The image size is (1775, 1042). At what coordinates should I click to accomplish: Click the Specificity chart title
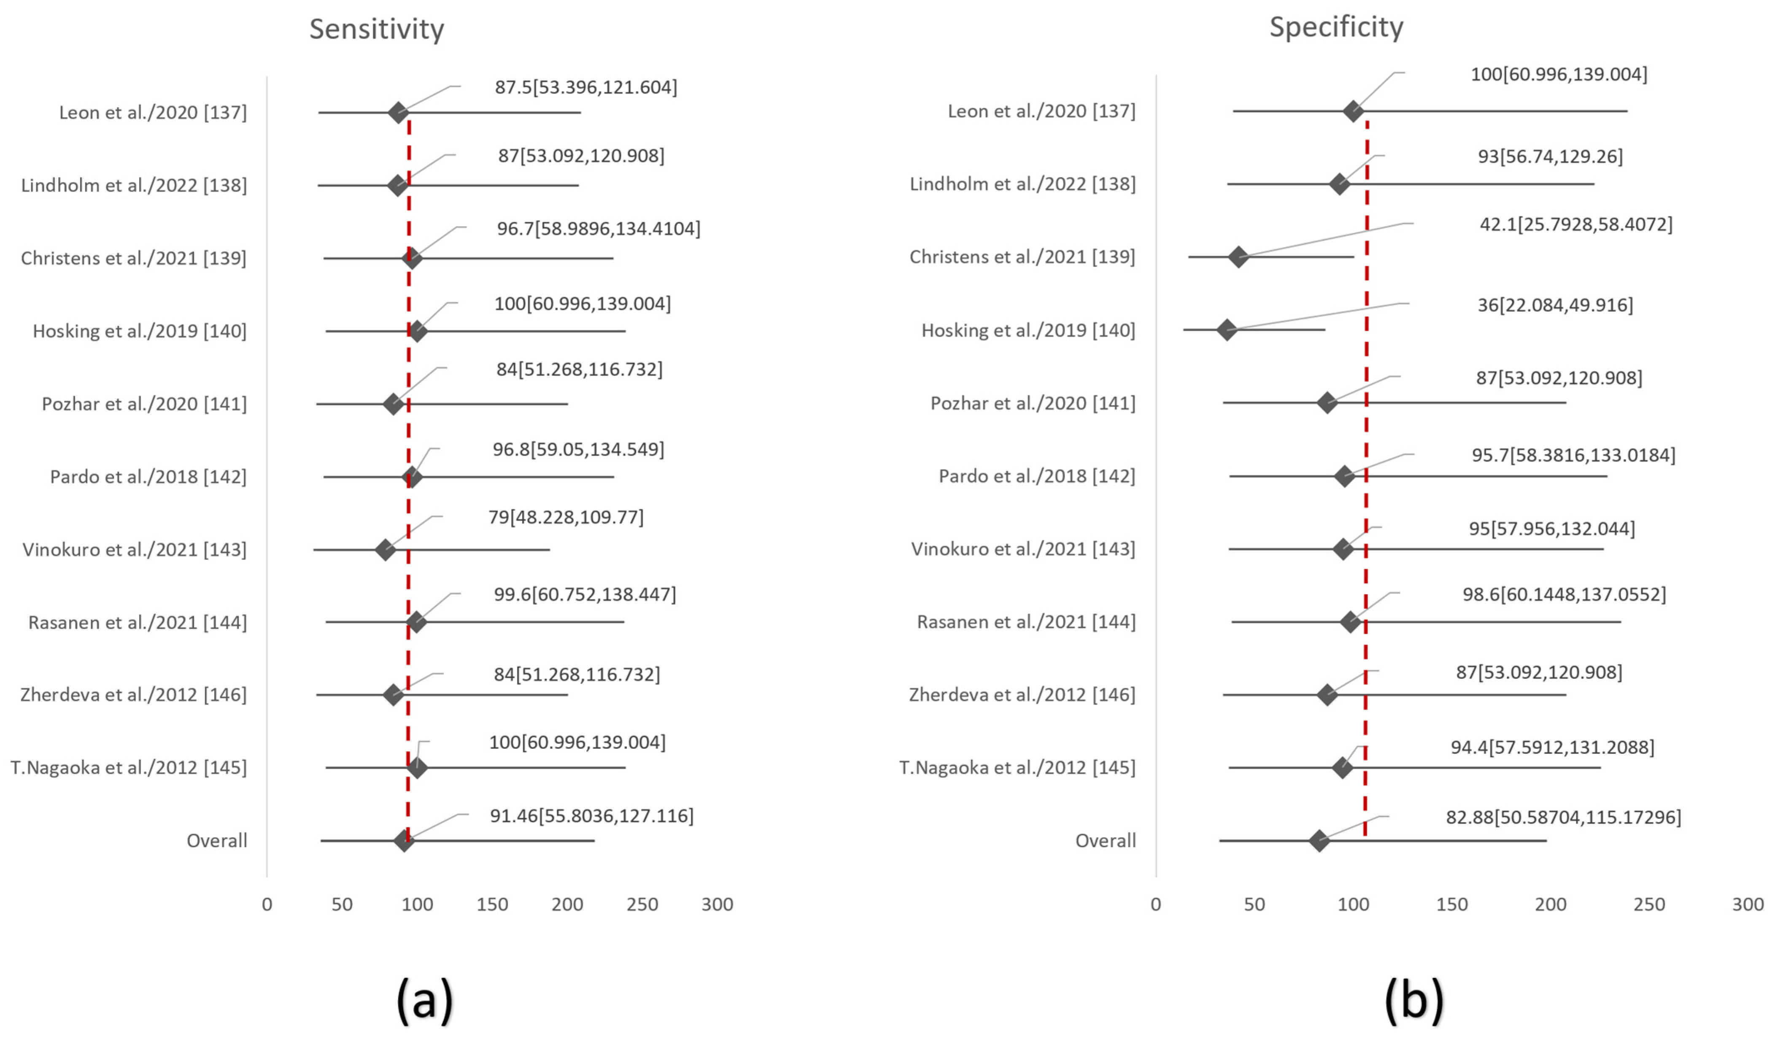click(x=1336, y=27)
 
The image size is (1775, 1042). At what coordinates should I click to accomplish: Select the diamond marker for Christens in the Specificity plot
click(x=1238, y=257)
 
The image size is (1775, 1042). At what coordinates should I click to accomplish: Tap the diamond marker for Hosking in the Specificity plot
click(x=1227, y=330)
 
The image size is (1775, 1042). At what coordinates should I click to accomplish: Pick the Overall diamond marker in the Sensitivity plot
click(x=404, y=840)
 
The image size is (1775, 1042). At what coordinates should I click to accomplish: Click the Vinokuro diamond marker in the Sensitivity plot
click(x=385, y=550)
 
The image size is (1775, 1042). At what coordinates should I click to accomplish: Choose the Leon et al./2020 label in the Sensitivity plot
click(x=153, y=113)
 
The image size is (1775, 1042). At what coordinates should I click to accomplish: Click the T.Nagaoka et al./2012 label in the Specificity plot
click(x=1017, y=767)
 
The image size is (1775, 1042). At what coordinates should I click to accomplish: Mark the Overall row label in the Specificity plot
click(x=1105, y=840)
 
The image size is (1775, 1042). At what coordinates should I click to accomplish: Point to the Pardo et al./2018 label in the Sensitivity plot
click(x=148, y=477)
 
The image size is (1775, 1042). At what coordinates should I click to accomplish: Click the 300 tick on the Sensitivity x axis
click(x=717, y=904)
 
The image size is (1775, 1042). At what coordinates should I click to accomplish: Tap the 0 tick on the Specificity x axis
click(x=1156, y=904)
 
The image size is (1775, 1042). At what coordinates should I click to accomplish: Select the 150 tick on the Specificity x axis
click(x=1452, y=904)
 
